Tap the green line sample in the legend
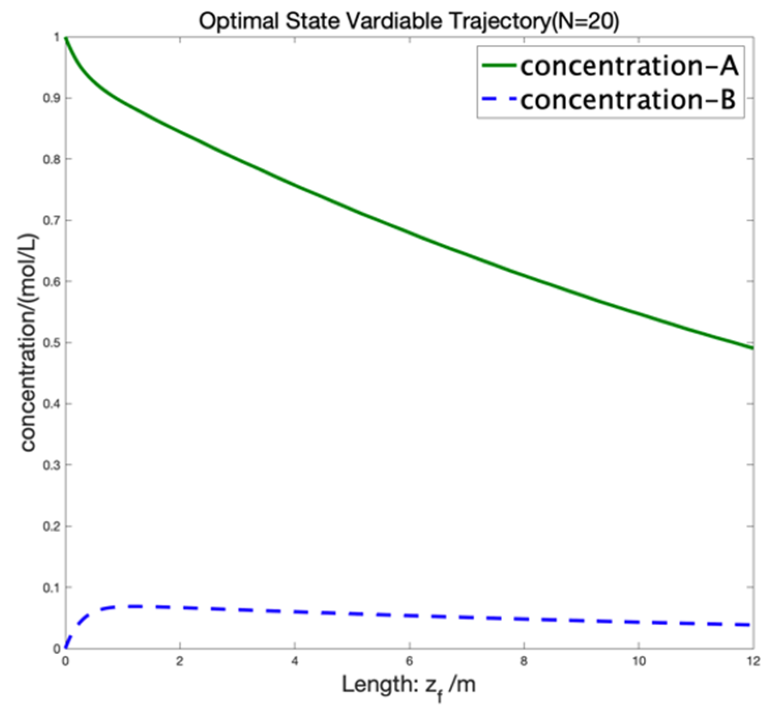[499, 66]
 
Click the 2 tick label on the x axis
[180, 662]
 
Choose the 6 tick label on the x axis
[409, 662]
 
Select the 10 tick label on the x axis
[639, 662]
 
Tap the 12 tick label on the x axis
[753, 662]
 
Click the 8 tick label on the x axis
[524, 662]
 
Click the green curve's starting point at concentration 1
[66, 38]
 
